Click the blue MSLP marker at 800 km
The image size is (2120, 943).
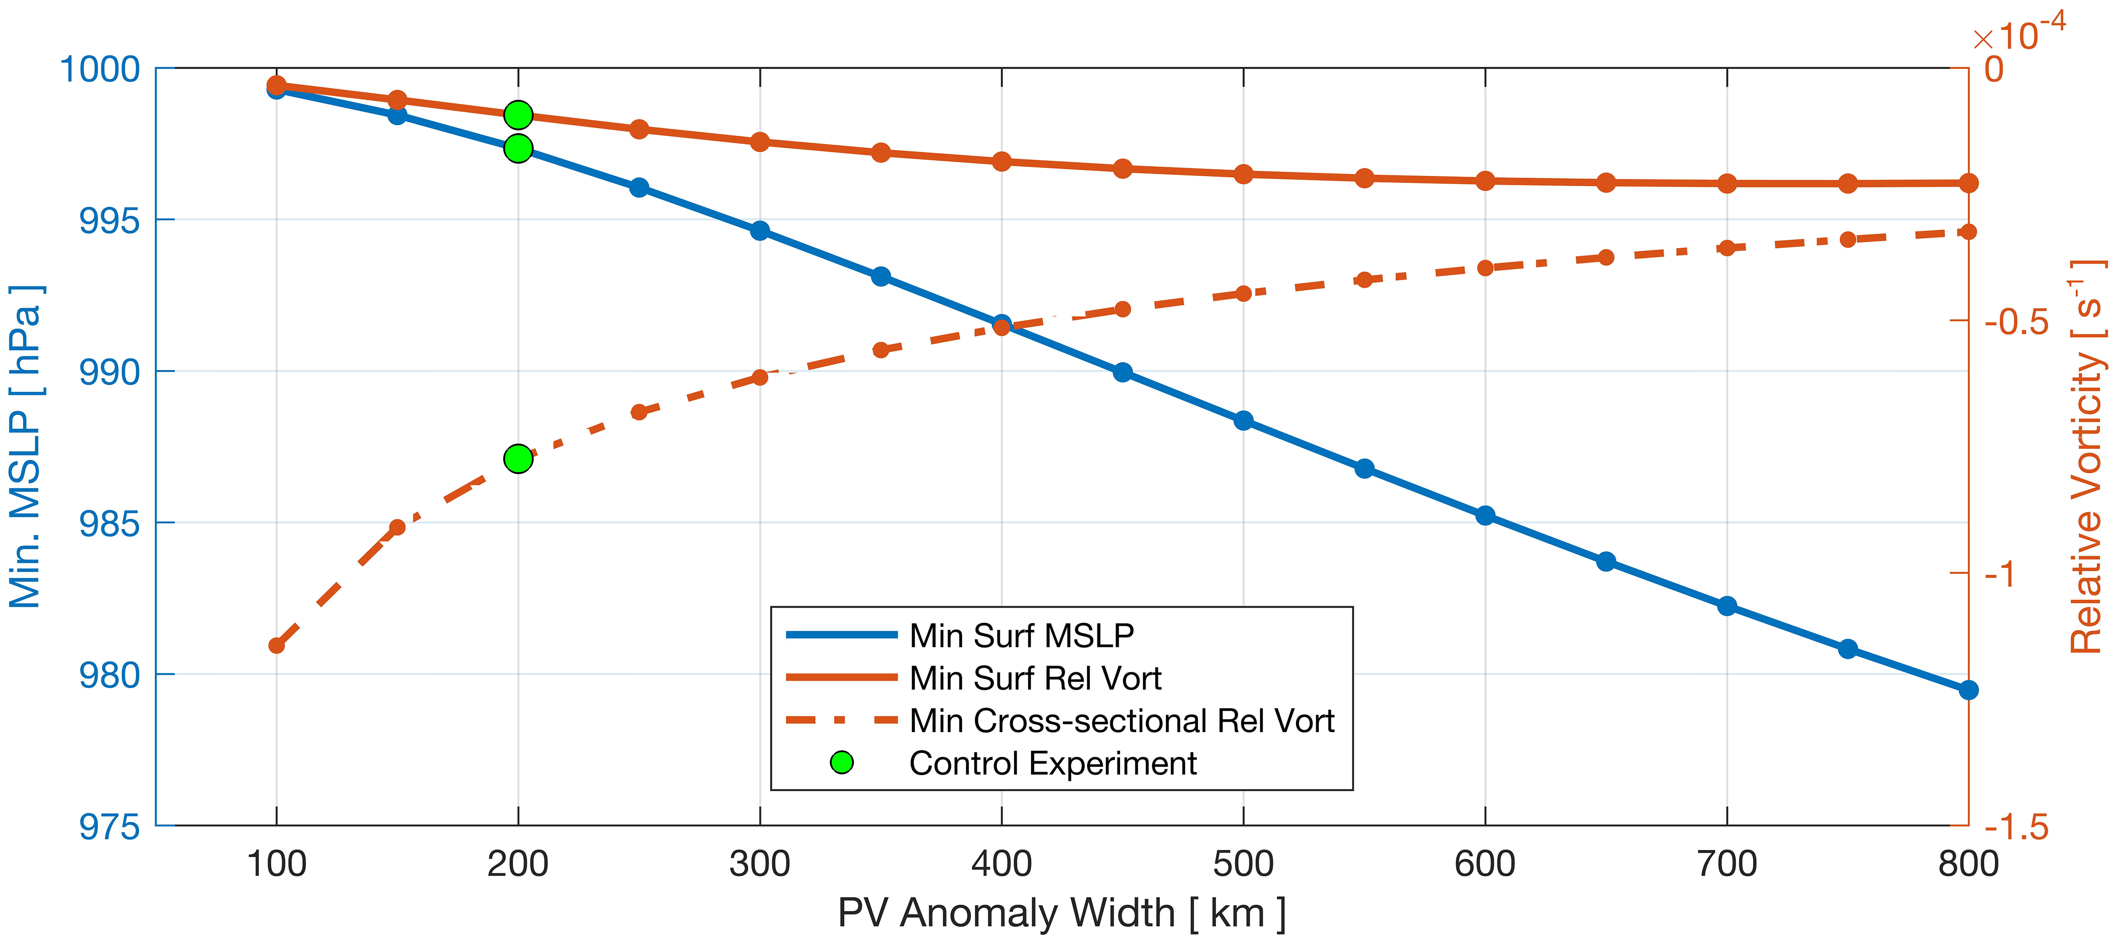point(1968,690)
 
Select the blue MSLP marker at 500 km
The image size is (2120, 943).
point(1243,420)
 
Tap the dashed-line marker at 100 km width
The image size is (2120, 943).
point(277,645)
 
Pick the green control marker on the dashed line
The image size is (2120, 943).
point(518,458)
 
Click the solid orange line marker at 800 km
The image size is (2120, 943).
point(1968,183)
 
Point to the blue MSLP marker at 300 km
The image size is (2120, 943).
point(760,230)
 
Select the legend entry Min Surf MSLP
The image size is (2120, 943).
point(1020,635)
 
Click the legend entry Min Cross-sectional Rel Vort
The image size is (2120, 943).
point(1121,721)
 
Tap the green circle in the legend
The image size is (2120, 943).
point(841,763)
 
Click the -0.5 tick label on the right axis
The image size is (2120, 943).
point(2015,322)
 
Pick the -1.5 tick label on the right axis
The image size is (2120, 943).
point(2015,826)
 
